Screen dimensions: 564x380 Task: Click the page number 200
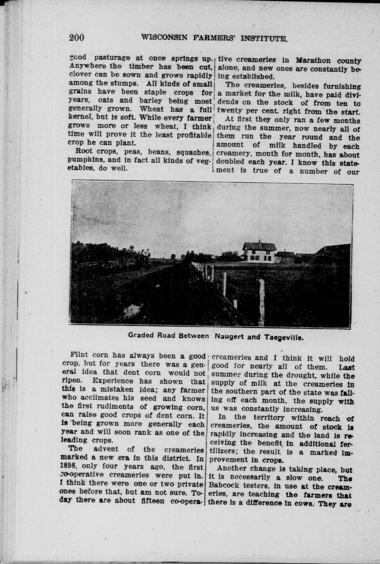76,38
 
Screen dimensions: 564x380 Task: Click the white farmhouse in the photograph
259,252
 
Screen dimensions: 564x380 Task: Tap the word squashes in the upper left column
192,152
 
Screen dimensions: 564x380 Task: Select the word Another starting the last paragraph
232,468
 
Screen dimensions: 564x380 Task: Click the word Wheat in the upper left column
152,109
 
